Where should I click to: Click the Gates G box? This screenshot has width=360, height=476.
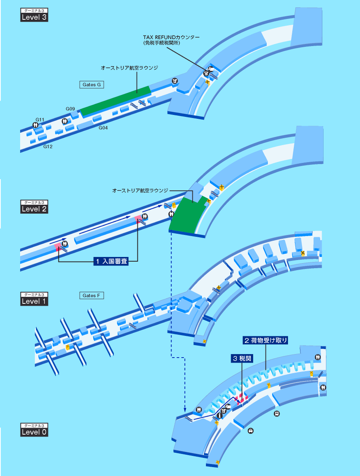[92, 84]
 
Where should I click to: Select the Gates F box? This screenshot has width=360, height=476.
[92, 295]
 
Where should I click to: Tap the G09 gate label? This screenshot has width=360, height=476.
[70, 109]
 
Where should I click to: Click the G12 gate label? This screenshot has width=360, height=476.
[48, 147]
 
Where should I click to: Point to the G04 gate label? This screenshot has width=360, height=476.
[103, 128]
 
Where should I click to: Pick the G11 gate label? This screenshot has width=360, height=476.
[40, 119]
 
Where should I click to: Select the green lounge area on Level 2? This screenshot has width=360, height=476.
[188, 217]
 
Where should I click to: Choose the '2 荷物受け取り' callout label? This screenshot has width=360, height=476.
[266, 341]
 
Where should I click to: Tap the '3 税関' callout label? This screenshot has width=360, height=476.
[242, 359]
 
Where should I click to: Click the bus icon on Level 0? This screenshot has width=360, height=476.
[277, 414]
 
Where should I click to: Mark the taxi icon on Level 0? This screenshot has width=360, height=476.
[251, 430]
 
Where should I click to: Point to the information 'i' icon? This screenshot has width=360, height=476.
[220, 416]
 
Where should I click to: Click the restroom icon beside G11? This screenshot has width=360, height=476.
[36, 125]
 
